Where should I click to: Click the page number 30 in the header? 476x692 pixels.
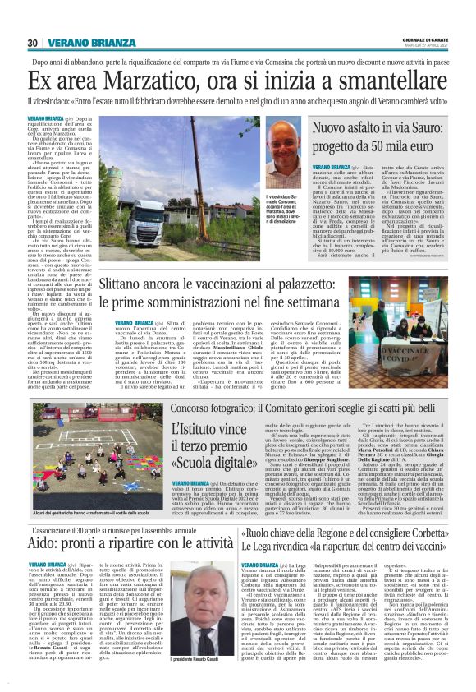pos(33,42)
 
